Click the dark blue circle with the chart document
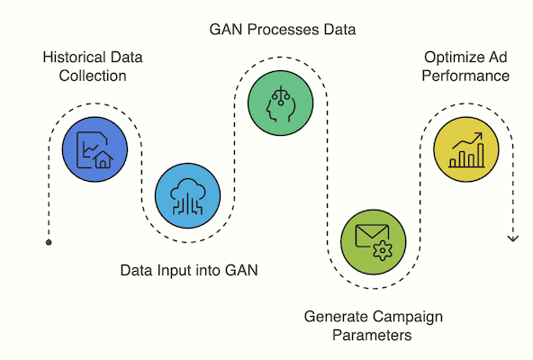[95, 149]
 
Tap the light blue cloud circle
[187, 195]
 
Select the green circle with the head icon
[280, 103]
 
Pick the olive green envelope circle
[374, 242]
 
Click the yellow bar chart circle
[466, 149]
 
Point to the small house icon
[103, 160]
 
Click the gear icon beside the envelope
[383, 250]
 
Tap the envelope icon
[372, 236]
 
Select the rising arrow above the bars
[467, 140]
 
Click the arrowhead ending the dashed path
[513, 239]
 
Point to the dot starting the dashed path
[49, 242]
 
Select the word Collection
[93, 76]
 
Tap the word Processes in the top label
[283, 30]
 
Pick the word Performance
[465, 76]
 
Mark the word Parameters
[372, 336]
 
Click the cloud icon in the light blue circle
[187, 196]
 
